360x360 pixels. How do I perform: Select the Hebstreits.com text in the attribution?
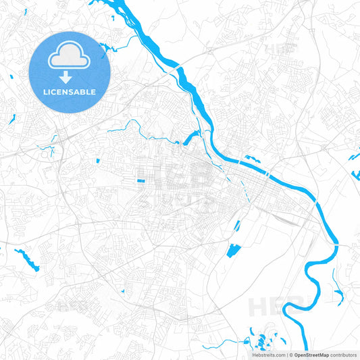click(267, 355)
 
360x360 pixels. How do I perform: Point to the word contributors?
click(344, 355)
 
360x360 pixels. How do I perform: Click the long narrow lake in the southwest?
click(27, 259)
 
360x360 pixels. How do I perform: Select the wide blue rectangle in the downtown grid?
click(140, 181)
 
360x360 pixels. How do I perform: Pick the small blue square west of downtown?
click(97, 161)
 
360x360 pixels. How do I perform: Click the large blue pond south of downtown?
click(234, 251)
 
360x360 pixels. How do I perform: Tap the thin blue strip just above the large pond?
click(237, 226)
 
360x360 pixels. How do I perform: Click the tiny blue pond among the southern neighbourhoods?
click(123, 291)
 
